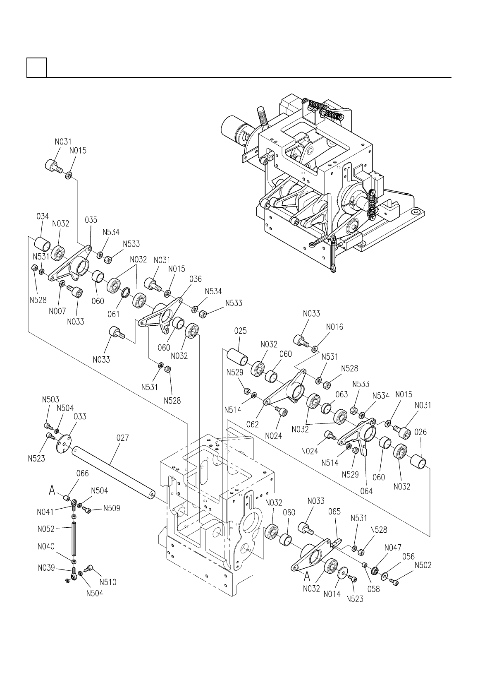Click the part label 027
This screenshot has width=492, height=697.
click(x=122, y=438)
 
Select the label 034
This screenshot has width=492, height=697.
click(x=43, y=216)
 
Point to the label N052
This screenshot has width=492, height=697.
click(x=46, y=529)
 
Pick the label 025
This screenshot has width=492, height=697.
click(x=240, y=330)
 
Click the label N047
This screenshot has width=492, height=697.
click(x=393, y=547)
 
